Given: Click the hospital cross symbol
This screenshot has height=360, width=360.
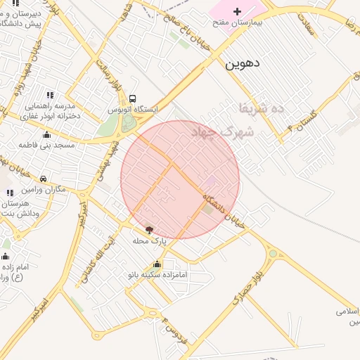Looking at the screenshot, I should pyautogui.click(x=238, y=11).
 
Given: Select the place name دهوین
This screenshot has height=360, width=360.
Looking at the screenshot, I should pyautogui.click(x=243, y=63).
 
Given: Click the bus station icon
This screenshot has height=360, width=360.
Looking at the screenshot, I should pyautogui.click(x=133, y=99).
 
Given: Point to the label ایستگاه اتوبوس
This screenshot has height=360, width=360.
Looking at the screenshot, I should pyautogui.click(x=133, y=110).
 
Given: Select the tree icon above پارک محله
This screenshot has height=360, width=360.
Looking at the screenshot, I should pyautogui.click(x=149, y=230).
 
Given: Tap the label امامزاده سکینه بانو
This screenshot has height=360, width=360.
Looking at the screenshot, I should pyautogui.click(x=157, y=275).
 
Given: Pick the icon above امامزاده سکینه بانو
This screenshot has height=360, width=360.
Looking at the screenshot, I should pyautogui.click(x=157, y=264).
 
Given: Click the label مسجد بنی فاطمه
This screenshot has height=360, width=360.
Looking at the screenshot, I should pyautogui.click(x=47, y=145).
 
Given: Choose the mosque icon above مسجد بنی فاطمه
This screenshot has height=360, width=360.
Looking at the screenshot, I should pyautogui.click(x=47, y=134).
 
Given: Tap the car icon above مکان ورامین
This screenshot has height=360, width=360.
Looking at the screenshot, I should pyautogui.click(x=44, y=179).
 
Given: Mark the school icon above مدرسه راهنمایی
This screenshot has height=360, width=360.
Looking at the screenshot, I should pyautogui.click(x=49, y=95).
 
